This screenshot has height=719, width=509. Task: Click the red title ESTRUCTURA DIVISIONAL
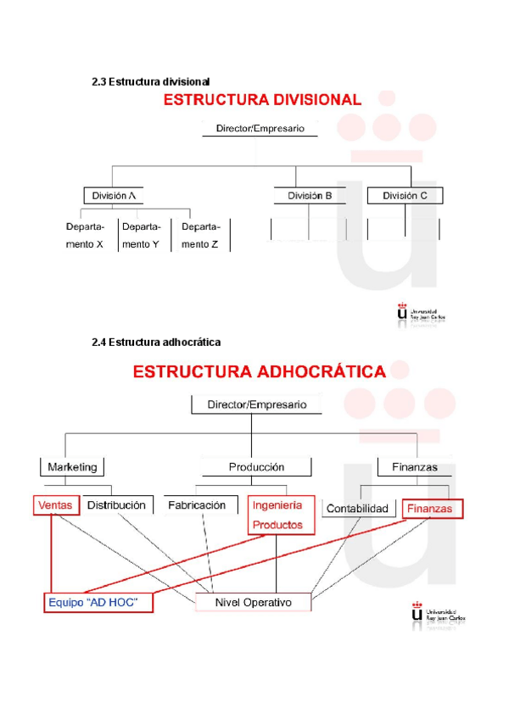click(x=261, y=99)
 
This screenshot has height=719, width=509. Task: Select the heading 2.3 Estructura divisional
click(x=150, y=82)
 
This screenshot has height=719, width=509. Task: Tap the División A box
click(x=114, y=195)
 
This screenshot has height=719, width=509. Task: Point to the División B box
click(x=310, y=195)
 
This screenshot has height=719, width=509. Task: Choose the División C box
click(x=405, y=195)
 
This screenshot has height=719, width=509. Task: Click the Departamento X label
click(x=85, y=235)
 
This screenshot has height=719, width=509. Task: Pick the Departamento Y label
click(x=141, y=235)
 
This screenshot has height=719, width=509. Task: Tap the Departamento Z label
click(x=200, y=235)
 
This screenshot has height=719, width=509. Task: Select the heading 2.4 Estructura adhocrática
click(x=156, y=343)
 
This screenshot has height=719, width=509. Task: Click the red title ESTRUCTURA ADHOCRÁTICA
click(x=259, y=371)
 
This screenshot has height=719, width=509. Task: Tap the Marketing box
click(x=72, y=467)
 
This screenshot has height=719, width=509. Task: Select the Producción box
click(x=256, y=467)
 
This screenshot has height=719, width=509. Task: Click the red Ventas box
click(x=56, y=505)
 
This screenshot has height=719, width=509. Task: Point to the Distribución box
click(x=117, y=505)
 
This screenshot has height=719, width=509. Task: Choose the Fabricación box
click(x=197, y=505)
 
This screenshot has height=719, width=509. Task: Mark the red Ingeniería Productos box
click(x=277, y=515)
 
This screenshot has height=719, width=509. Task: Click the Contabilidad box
click(x=357, y=509)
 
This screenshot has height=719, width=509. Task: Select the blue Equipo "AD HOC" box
click(x=97, y=603)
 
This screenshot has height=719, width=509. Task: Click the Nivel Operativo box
click(x=253, y=602)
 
